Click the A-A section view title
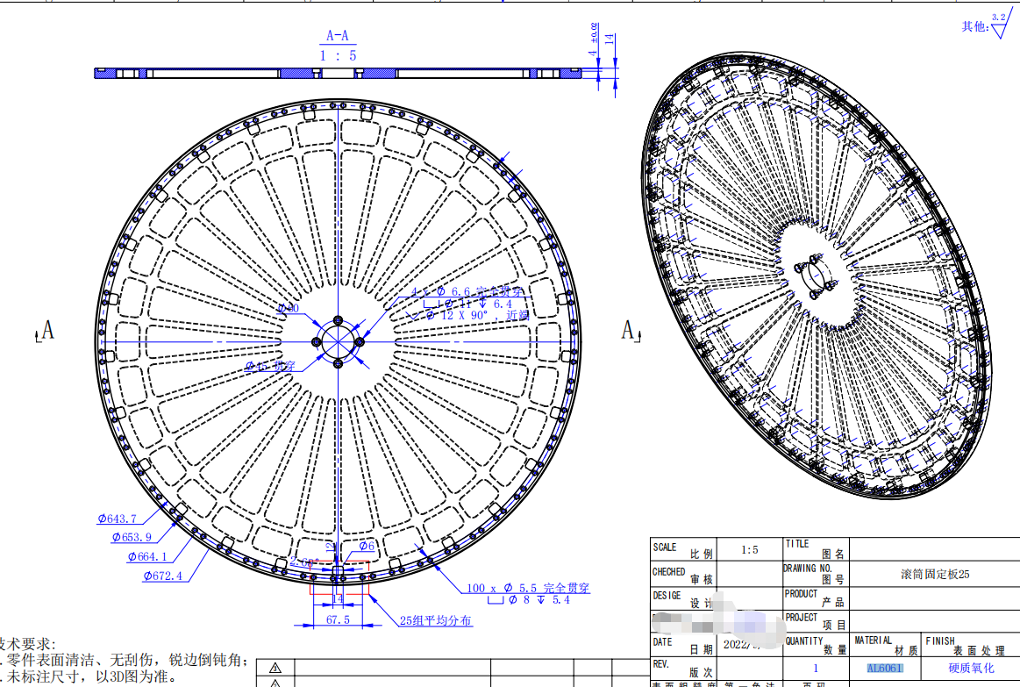tap(338, 36)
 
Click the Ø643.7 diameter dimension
tap(117, 519)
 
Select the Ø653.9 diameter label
tap(132, 536)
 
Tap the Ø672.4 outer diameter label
tap(162, 576)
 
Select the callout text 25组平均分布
tap(436, 620)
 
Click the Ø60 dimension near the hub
tap(288, 308)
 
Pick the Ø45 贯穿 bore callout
tap(271, 364)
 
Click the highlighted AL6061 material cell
tap(884, 668)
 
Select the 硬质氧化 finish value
tap(971, 668)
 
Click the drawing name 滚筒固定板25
tap(935, 574)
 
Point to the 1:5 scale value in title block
tap(750, 550)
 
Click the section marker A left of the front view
tap(46, 330)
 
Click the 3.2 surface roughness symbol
tap(999, 23)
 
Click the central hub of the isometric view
tap(817, 274)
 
